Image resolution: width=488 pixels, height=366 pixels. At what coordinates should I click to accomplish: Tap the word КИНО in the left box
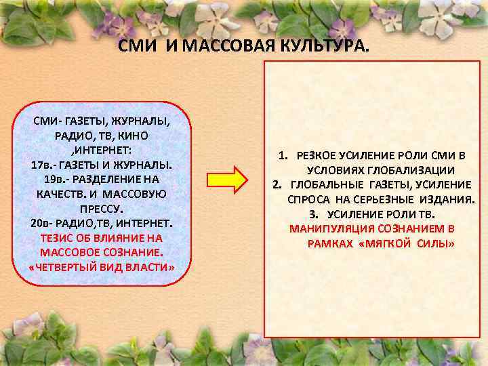pos(152,135)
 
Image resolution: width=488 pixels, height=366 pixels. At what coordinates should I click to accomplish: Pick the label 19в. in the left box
pos(56,179)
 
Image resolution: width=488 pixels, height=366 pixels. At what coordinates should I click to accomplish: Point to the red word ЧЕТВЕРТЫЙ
pos(63,268)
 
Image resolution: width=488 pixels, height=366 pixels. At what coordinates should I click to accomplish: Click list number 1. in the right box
pos(283,155)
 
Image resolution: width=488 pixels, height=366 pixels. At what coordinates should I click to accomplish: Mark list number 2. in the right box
pos(277,184)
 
